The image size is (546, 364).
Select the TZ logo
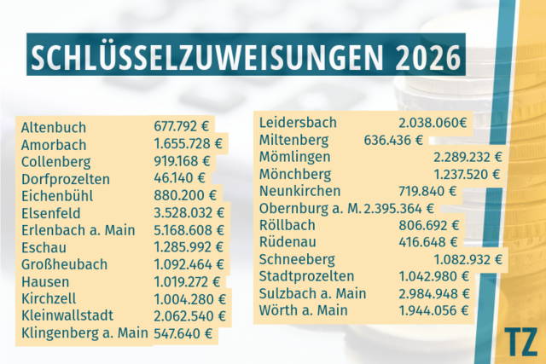coord(520,341)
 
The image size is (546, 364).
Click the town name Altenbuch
coord(53,127)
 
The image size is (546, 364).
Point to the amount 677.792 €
coord(182,126)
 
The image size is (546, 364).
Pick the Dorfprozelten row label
coord(66,179)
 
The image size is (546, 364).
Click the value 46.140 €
coord(180,178)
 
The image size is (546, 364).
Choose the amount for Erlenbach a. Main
coord(189,230)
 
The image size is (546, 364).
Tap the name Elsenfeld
coord(51,213)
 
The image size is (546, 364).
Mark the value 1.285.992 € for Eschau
coord(189,247)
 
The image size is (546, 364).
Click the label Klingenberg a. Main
coord(84,333)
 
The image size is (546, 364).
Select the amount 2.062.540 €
coord(189,316)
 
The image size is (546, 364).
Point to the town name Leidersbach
coord(298,123)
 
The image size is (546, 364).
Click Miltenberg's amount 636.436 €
coord(393,141)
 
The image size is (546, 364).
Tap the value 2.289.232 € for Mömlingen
coord(468,158)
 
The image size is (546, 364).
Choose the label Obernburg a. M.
coord(311,208)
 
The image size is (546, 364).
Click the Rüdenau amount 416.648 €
coord(428,242)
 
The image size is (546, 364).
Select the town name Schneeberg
coord(297,260)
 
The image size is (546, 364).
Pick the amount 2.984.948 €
coord(434,294)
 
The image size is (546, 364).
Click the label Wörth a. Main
coord(304,310)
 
